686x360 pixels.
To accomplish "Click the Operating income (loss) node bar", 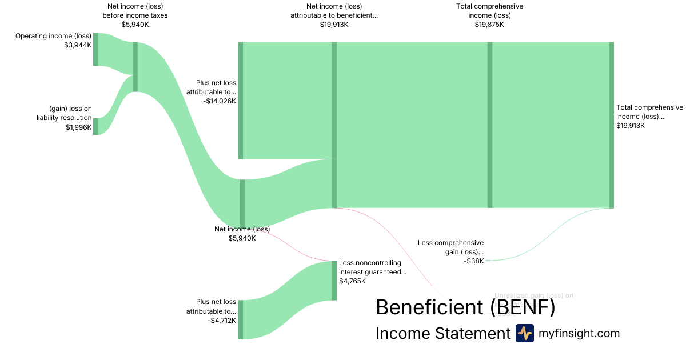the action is pyautogui.click(x=95, y=49).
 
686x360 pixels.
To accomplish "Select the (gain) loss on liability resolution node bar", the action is pyautogui.click(x=95, y=126).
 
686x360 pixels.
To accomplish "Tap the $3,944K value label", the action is pyautogui.click(x=78, y=45).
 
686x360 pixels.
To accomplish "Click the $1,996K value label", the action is pyautogui.click(x=78, y=127).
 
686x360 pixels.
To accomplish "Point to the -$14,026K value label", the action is pyautogui.click(x=219, y=101).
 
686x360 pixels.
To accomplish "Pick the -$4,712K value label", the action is pyautogui.click(x=221, y=321).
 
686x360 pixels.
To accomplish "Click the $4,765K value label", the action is pyautogui.click(x=352, y=281).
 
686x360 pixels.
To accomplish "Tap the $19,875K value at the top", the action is pyautogui.click(x=489, y=25).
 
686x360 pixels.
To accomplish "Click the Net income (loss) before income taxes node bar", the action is pyautogui.click(x=135, y=67).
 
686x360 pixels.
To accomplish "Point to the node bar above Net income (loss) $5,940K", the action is pyautogui.click(x=242, y=203).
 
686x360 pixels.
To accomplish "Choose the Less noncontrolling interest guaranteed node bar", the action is pyautogui.click(x=334, y=280).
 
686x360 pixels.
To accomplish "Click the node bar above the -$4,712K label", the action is pyautogui.click(x=241, y=319).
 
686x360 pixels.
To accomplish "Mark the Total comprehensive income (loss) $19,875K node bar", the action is pyautogui.click(x=490, y=125).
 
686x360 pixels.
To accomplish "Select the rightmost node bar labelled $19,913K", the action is pyautogui.click(x=611, y=125).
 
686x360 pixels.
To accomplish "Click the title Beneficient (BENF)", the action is pyautogui.click(x=465, y=308).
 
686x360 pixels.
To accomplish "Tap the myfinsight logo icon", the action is pyautogui.click(x=524, y=333).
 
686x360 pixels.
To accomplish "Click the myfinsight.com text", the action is pyautogui.click(x=579, y=333).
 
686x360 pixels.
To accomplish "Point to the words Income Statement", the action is pyautogui.click(x=442, y=333).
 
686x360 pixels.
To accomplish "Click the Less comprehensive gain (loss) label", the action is pyautogui.click(x=450, y=247).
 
